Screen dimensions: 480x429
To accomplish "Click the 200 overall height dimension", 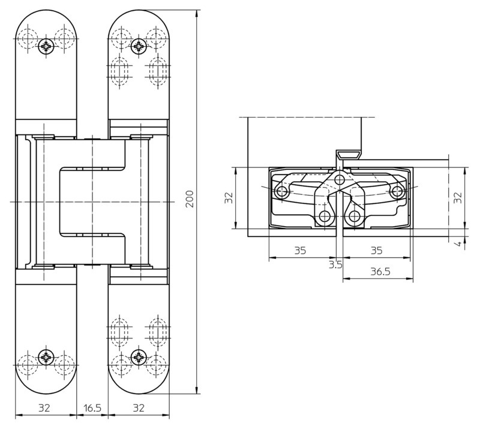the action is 190,199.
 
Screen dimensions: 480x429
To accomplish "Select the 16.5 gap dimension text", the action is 92,408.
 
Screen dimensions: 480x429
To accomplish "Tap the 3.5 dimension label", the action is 335,265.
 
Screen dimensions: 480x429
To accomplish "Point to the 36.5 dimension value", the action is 380,272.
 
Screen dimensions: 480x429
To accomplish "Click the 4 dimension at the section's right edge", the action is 458,244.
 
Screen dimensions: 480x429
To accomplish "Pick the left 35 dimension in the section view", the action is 301,250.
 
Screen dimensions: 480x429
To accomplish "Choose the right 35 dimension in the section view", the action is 377,250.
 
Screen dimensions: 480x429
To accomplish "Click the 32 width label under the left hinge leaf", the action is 44,408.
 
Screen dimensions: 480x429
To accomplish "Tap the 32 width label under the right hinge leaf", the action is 139,408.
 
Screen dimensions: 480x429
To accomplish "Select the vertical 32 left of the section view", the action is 229,198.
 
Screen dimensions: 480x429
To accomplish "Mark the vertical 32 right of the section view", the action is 458,198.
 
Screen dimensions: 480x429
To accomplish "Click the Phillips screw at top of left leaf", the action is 46,47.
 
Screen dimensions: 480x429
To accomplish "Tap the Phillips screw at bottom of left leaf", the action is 46,357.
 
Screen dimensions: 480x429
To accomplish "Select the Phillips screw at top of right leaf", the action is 139,47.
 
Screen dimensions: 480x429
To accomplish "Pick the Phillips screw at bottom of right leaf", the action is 139,357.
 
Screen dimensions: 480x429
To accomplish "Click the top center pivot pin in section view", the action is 339,179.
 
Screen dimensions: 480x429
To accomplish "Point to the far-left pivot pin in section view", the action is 281,192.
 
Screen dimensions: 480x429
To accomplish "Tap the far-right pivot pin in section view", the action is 397,192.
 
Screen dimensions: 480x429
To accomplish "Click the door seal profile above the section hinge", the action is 347,155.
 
